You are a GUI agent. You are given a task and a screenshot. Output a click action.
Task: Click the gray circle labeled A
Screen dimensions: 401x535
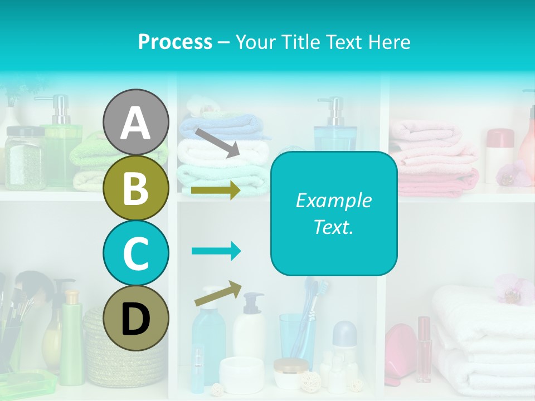click(x=135, y=122)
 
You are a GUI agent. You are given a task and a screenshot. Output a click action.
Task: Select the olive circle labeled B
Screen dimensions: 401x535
click(x=135, y=188)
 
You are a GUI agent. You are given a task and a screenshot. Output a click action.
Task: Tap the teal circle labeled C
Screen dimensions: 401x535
click(x=135, y=253)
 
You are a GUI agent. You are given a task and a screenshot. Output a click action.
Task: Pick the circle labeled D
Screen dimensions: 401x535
click(x=135, y=318)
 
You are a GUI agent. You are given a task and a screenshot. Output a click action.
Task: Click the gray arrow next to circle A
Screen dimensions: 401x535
click(x=217, y=143)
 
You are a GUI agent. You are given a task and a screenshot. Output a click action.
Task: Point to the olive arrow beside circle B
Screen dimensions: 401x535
click(x=216, y=190)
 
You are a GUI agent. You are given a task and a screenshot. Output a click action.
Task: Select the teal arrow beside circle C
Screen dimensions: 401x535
click(x=216, y=251)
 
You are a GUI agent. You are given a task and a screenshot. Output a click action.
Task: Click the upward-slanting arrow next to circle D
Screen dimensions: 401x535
click(x=218, y=294)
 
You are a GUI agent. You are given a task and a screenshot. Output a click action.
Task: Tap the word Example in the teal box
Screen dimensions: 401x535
click(x=333, y=200)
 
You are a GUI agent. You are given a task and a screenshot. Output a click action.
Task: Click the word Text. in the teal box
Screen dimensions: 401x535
click(x=333, y=227)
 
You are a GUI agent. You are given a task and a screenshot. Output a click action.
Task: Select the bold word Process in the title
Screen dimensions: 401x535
click(x=175, y=42)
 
